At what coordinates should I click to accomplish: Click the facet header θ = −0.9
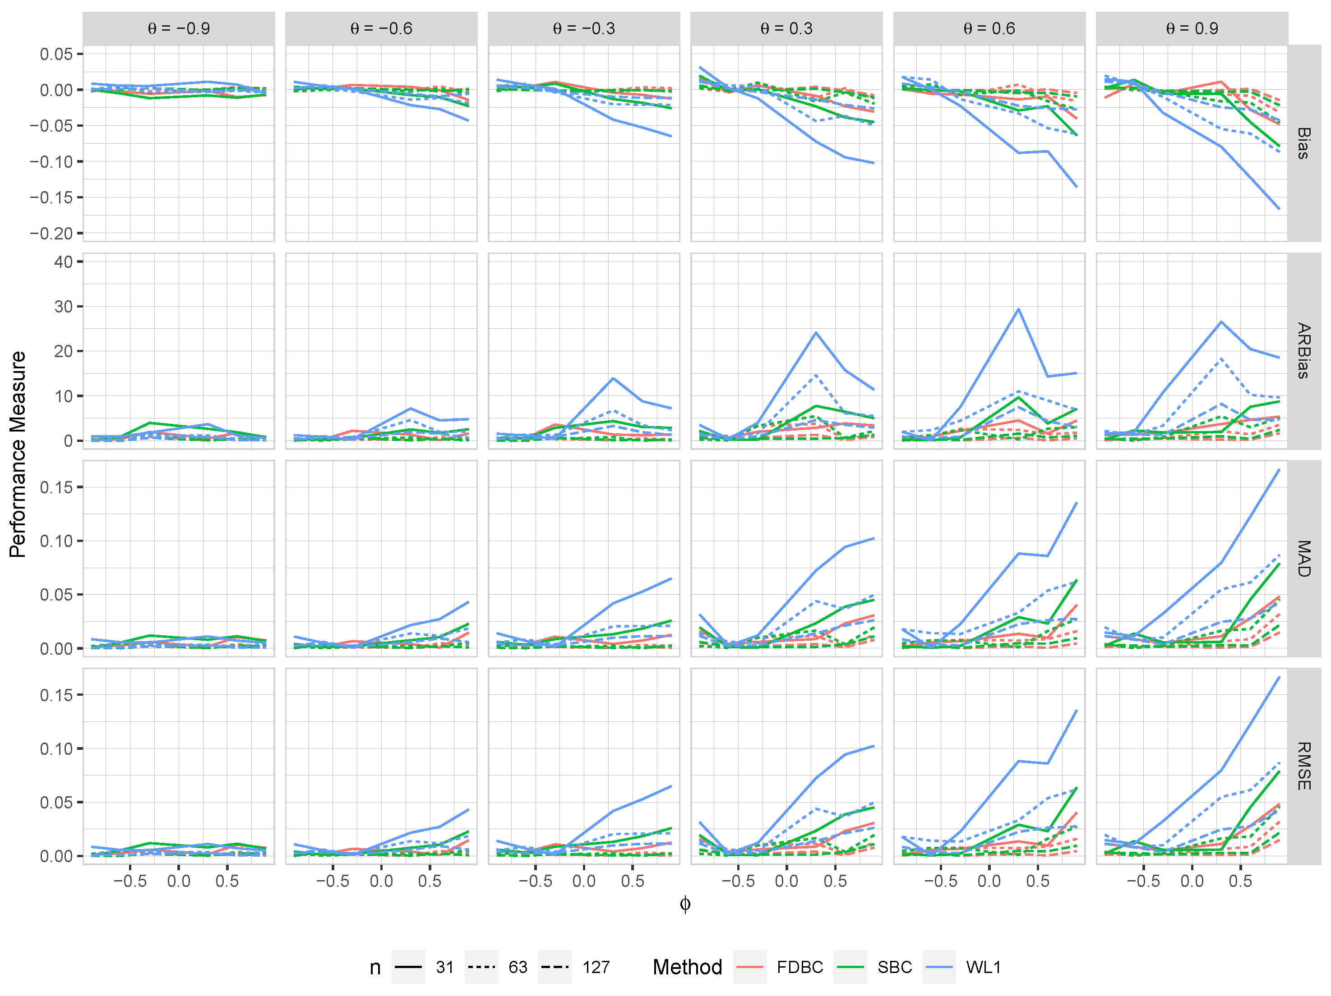[x=179, y=28]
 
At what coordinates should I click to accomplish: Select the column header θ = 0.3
[x=786, y=28]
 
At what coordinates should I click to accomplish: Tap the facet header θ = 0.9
[x=1192, y=28]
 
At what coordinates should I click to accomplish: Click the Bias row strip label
[x=1303, y=143]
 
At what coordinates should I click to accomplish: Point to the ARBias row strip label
[x=1303, y=351]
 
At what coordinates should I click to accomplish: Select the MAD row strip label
[x=1303, y=558]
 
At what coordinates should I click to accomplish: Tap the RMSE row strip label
[x=1303, y=766]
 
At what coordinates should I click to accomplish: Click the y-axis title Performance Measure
[x=18, y=454]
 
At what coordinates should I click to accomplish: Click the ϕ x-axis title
[x=685, y=904]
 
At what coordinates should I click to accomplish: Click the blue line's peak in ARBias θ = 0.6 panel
[x=1018, y=309]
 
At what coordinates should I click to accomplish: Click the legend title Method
[x=687, y=967]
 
